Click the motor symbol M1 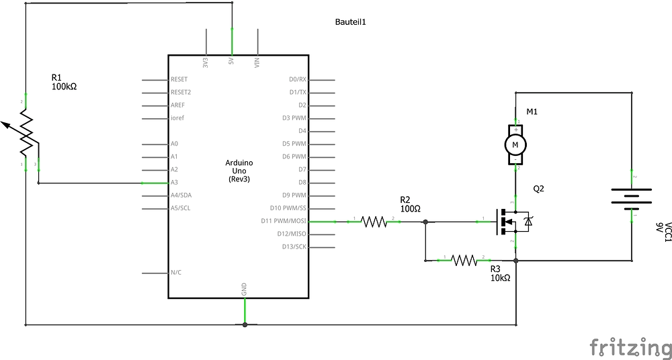click(515, 144)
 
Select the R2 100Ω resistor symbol click(374, 220)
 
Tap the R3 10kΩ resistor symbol click(464, 259)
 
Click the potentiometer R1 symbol click(26, 132)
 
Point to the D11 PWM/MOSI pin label click(284, 220)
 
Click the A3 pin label click(174, 182)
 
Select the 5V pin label click(232, 62)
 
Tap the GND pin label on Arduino click(244, 289)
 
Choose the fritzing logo click(630, 347)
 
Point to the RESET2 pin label click(181, 92)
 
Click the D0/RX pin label click(297, 79)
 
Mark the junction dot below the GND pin click(245, 325)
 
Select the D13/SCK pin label click(294, 246)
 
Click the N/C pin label click(176, 272)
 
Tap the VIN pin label click(257, 62)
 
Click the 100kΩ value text click(64, 86)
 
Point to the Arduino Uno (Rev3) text click(239, 171)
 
